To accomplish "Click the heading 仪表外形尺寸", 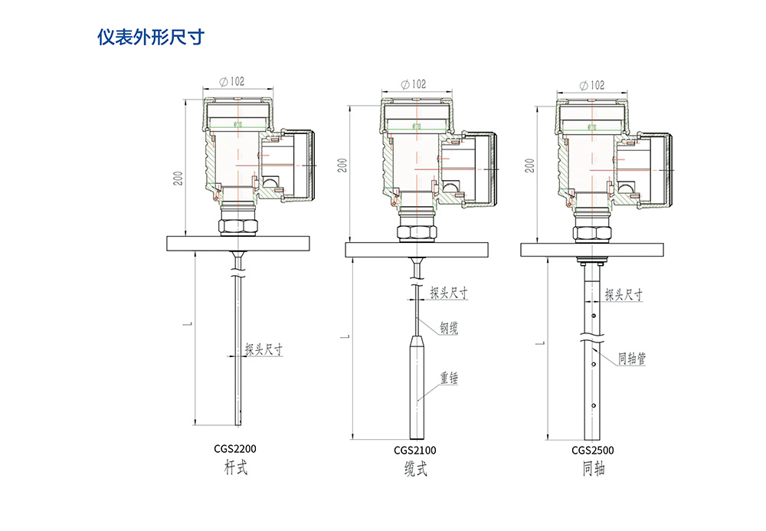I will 150,37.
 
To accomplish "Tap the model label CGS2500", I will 592,451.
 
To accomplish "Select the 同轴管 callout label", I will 632,358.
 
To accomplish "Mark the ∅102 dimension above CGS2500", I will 591,85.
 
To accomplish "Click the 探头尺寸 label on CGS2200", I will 264,349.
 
